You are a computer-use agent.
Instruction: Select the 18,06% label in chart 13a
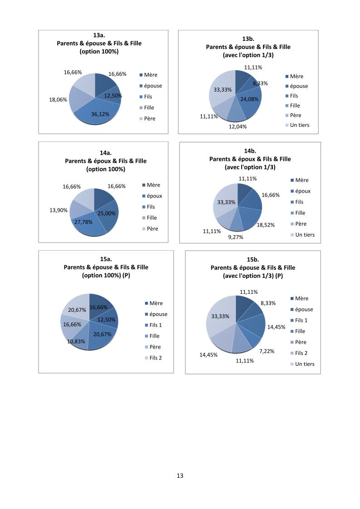[58, 100]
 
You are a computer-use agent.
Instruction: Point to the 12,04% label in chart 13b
[238, 126]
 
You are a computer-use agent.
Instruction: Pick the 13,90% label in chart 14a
[58, 210]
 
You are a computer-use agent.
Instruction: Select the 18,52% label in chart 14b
[266, 224]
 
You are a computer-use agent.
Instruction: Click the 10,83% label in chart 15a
[77, 341]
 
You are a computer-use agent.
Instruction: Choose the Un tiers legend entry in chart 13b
[300, 125]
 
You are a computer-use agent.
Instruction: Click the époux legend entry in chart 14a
[155, 196]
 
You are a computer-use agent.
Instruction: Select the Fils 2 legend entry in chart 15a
[155, 358]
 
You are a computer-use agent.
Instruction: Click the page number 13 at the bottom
[180, 476]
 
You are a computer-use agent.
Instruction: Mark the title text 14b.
[250, 150]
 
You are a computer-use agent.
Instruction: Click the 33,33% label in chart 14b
[227, 202]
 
